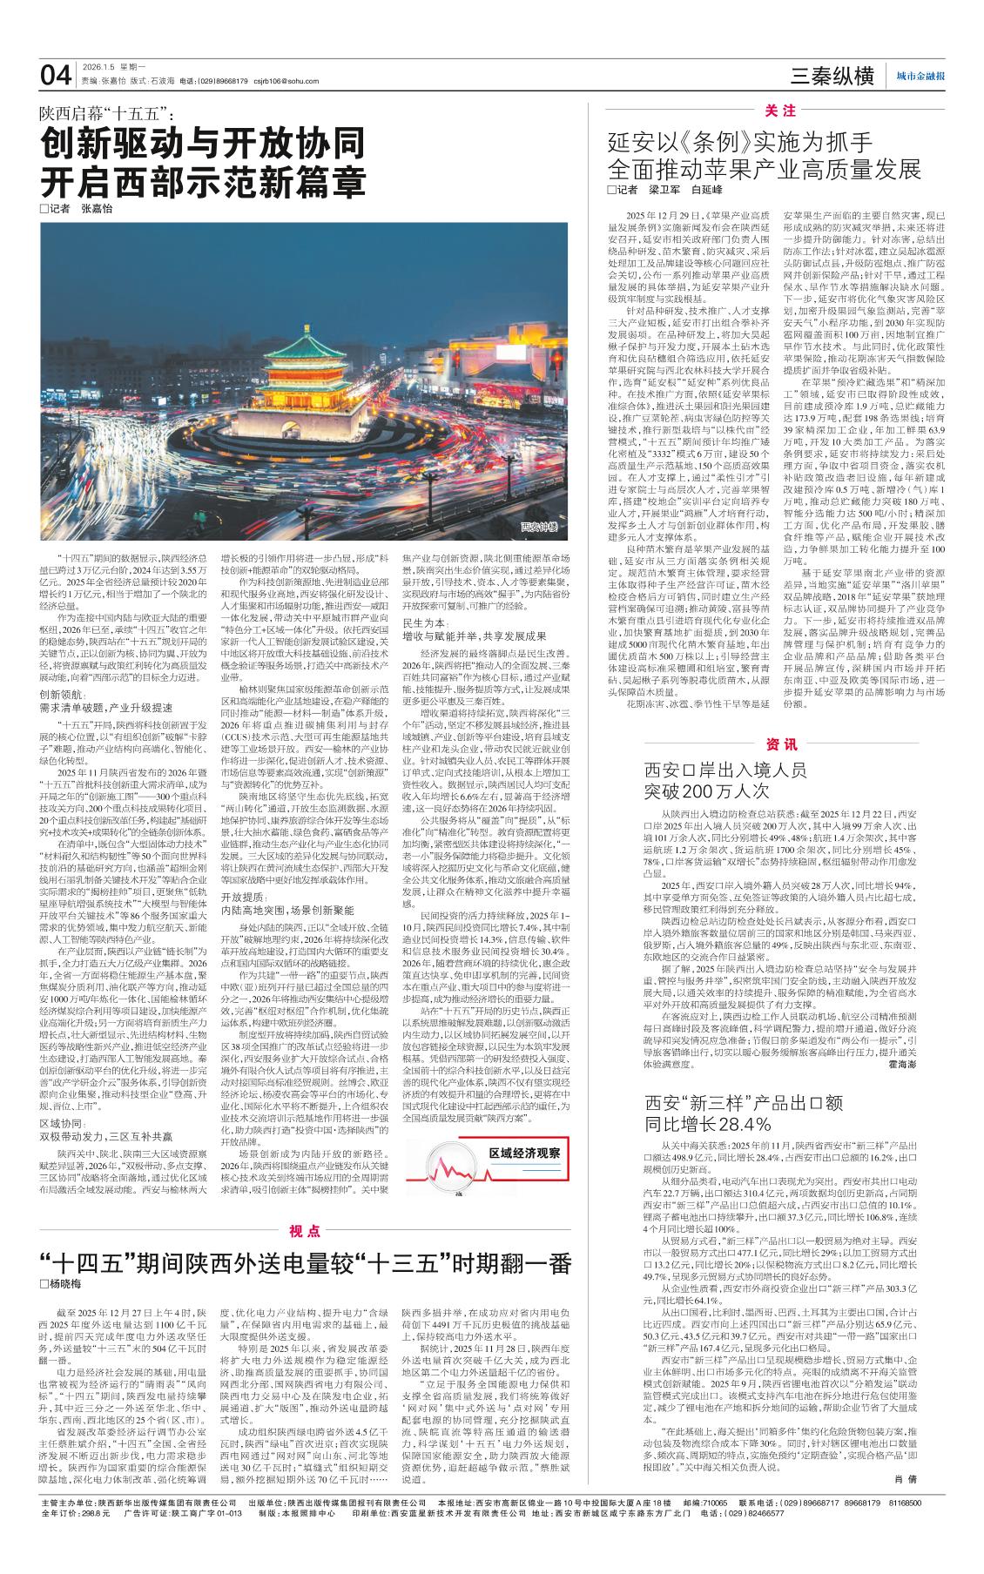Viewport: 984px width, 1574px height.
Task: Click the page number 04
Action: (x=56, y=77)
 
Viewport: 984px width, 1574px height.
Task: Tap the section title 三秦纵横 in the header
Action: (x=832, y=77)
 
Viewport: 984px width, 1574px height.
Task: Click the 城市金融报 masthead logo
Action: (x=920, y=77)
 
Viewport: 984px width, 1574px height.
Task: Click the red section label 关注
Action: (x=780, y=111)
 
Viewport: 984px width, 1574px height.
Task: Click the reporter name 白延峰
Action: (x=706, y=190)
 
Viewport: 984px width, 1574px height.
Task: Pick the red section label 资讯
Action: (x=780, y=745)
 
